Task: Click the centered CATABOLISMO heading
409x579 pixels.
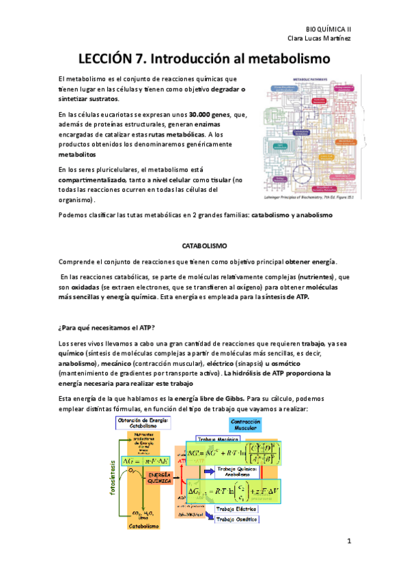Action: [204, 244]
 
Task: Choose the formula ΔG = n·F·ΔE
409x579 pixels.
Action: [150, 461]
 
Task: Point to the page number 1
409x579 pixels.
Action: [348, 542]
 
